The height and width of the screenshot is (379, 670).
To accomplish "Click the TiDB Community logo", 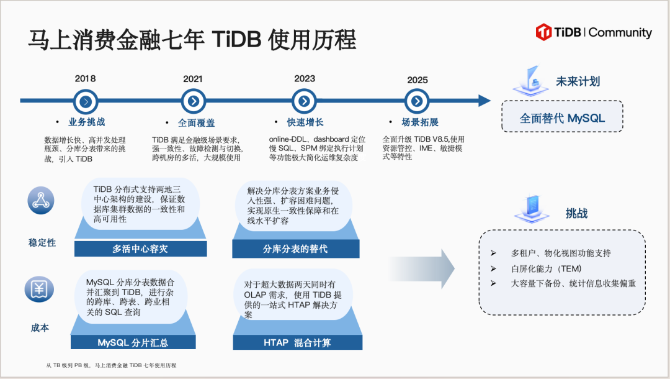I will coord(594,32).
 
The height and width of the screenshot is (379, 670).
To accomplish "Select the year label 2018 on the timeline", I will coord(86,79).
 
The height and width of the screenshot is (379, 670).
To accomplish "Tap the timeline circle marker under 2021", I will coord(194,101).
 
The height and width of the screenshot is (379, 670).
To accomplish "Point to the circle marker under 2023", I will coord(303,101).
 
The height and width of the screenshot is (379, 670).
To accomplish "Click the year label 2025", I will coord(418,80).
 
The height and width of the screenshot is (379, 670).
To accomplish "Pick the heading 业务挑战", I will coord(86,122).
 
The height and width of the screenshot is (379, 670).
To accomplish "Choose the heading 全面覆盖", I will coord(196,122).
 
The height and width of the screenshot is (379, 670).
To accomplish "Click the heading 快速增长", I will coord(305,122).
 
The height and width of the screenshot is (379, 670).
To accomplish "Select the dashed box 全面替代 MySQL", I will coord(561,118).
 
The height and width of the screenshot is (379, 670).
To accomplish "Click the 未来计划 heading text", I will coord(577,81).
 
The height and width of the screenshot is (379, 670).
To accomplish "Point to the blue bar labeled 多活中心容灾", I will coord(140,249).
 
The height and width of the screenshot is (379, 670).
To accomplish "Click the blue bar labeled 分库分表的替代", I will coord(295,249).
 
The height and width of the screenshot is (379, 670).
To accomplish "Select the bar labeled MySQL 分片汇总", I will coord(133,342).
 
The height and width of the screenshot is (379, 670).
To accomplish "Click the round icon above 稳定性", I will coord(40,200).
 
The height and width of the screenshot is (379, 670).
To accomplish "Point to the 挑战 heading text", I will coord(576,213).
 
